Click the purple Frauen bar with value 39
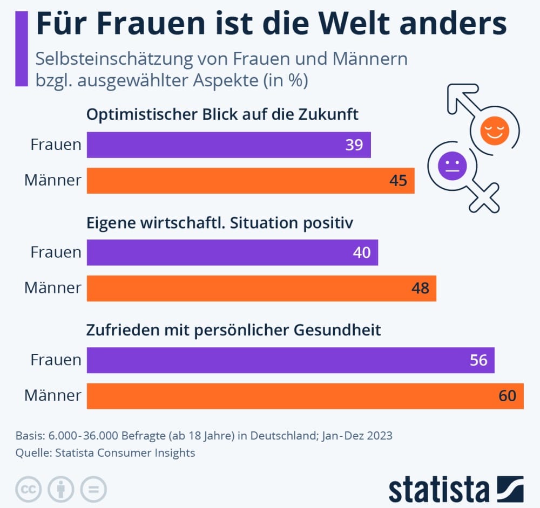[x=228, y=145]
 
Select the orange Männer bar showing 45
[x=250, y=180]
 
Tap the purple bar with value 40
[x=232, y=252]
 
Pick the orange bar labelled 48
[x=261, y=288]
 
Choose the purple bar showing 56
[x=291, y=360]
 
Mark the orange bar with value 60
[x=305, y=396]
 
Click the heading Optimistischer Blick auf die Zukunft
[x=222, y=114]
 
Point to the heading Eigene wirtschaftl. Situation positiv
[x=220, y=222]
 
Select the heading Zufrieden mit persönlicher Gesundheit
[x=234, y=329]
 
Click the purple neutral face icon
[x=451, y=165]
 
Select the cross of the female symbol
[x=483, y=197]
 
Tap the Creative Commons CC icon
[x=29, y=490]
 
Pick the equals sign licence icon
[x=93, y=490]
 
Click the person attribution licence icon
[x=61, y=490]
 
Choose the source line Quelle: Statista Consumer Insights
[x=105, y=453]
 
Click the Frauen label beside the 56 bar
[x=56, y=360]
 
